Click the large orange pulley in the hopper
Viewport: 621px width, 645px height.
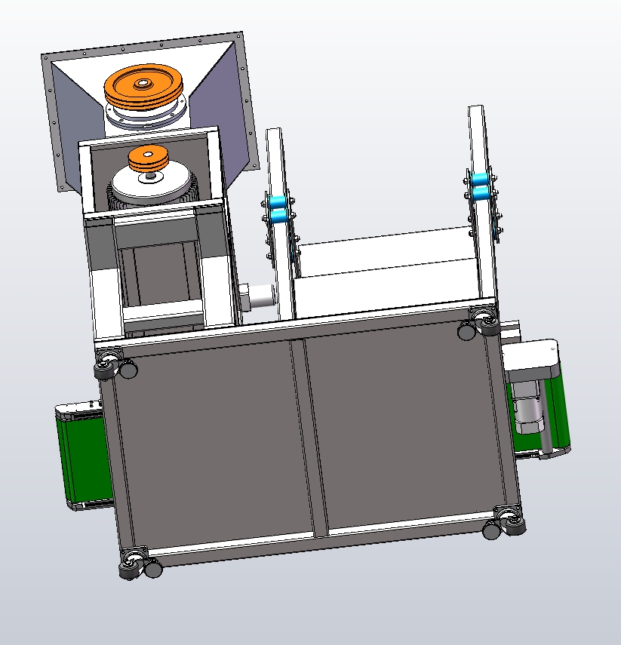pyautogui.click(x=144, y=89)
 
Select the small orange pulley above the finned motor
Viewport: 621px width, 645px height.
pyautogui.click(x=147, y=158)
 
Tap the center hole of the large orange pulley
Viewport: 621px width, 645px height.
pyautogui.click(x=142, y=83)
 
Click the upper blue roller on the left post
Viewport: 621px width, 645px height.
pyautogui.click(x=278, y=201)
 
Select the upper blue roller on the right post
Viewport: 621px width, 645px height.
pyautogui.click(x=479, y=180)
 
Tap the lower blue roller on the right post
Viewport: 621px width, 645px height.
pyautogui.click(x=481, y=195)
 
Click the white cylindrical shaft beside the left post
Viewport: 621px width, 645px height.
pyautogui.click(x=260, y=295)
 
